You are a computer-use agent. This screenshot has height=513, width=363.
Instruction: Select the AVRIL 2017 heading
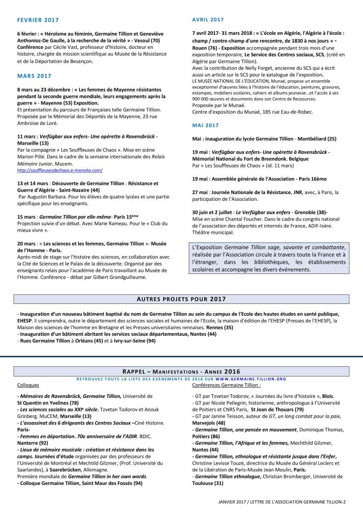coord(208,20)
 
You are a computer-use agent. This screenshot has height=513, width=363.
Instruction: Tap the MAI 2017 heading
coord(205,125)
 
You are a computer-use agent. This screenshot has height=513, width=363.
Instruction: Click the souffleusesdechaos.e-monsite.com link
coord(60,170)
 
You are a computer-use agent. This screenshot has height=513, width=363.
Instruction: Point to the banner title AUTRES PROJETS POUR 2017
coord(181,299)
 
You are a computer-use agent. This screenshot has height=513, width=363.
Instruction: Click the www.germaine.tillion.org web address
coord(251,379)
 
